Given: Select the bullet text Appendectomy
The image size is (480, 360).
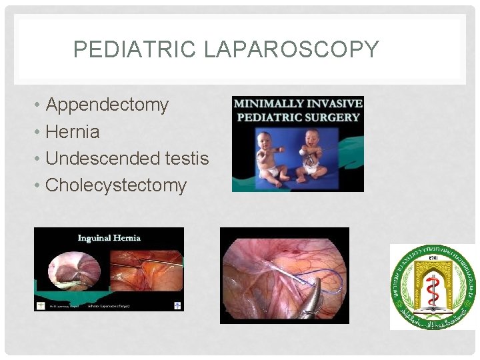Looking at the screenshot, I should [107, 105].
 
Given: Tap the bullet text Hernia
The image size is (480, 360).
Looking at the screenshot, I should [72, 132].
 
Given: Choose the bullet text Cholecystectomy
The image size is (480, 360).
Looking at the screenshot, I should [115, 185].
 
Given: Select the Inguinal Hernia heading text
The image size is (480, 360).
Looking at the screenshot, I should [109, 237].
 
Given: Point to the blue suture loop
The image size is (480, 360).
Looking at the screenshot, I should [320, 276].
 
